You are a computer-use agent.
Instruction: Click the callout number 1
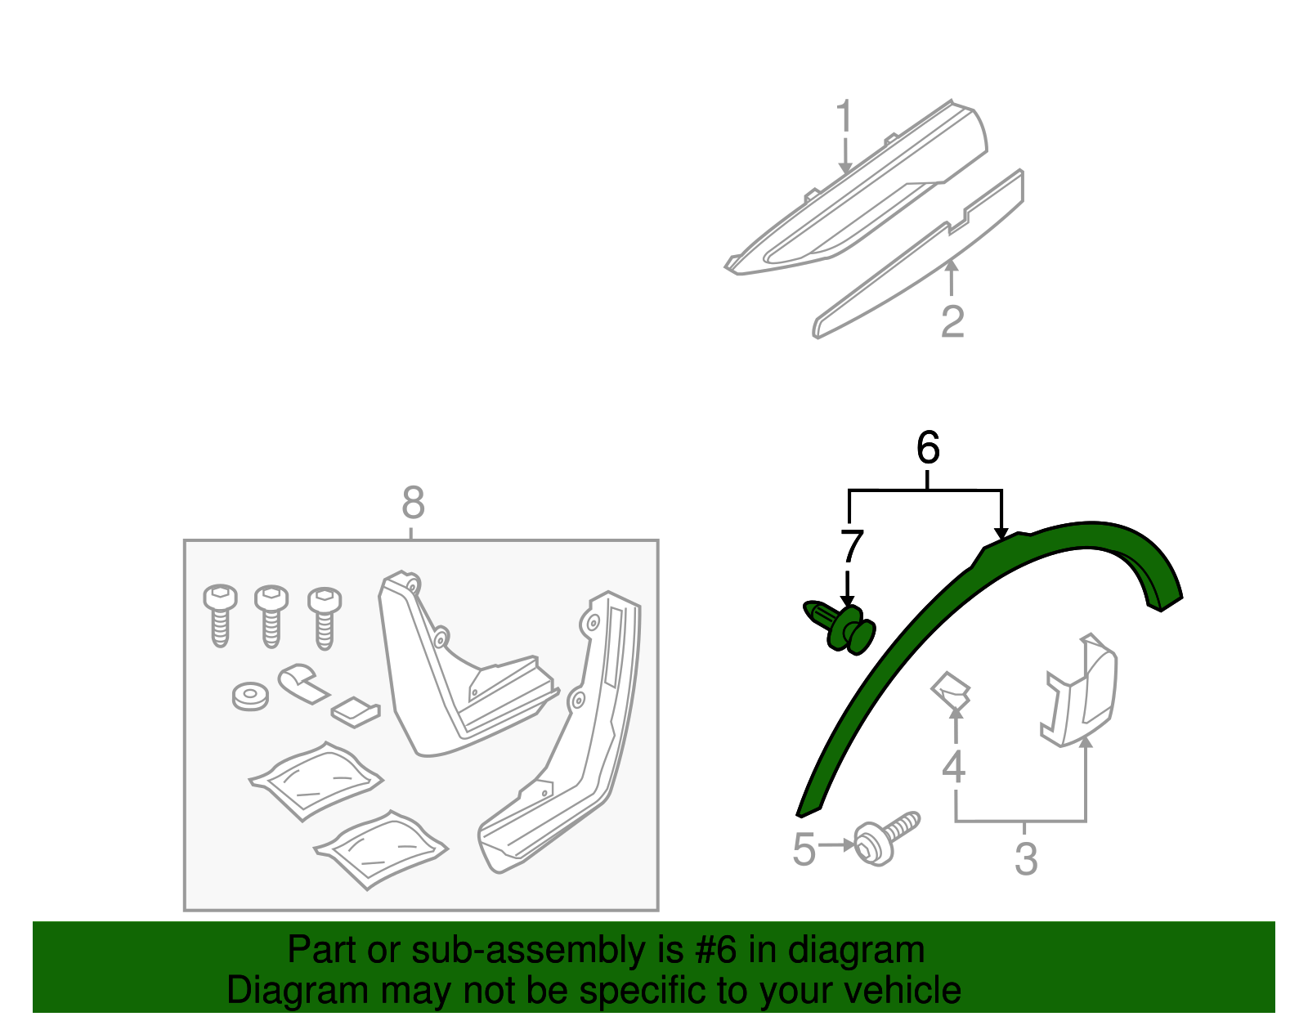pyautogui.click(x=844, y=121)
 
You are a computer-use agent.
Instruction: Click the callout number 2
pyautogui.click(x=952, y=322)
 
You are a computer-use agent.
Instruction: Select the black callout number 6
pyautogui.click(x=928, y=449)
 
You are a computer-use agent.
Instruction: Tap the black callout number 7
pyautogui.click(x=851, y=547)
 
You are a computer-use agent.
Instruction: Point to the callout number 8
pyautogui.click(x=413, y=504)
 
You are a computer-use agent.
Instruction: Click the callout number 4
pyautogui.click(x=953, y=767)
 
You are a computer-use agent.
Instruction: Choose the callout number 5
pyautogui.click(x=804, y=850)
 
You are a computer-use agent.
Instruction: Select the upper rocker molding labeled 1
pyautogui.click(x=858, y=196)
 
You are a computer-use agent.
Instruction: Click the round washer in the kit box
pyautogui.click(x=250, y=696)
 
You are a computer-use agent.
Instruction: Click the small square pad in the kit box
pyautogui.click(x=356, y=710)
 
